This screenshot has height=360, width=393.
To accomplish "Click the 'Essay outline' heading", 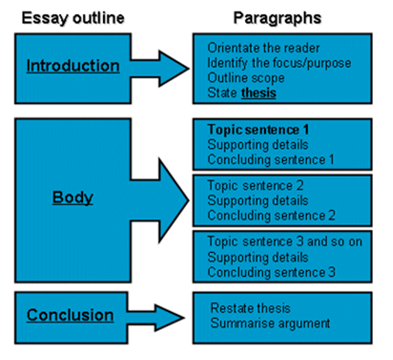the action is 73,19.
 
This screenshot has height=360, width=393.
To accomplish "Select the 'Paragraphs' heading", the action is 278,19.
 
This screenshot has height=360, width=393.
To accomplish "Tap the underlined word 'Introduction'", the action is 73,66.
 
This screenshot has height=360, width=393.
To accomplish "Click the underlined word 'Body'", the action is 73,198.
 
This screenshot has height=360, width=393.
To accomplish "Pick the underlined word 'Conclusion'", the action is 71,315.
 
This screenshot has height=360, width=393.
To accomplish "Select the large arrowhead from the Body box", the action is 173,200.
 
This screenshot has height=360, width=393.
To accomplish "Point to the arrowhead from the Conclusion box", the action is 169,318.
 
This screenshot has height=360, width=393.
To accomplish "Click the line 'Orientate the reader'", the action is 264,48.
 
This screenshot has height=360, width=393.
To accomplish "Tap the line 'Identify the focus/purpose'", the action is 279,63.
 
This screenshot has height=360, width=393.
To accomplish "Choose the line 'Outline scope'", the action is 246,78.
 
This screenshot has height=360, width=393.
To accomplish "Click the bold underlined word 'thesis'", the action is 259,93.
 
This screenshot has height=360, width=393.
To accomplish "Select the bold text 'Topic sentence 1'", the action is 258,130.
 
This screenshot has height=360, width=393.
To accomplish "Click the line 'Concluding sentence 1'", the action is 271,160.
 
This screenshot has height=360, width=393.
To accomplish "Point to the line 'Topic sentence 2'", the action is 255,185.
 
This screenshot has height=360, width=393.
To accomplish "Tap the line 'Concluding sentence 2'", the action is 271,216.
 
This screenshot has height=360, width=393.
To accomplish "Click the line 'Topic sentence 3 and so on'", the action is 284,241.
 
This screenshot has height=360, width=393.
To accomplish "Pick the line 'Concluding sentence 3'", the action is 271,272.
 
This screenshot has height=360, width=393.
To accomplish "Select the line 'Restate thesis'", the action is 250,308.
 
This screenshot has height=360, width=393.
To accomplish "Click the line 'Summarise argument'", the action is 270,324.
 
